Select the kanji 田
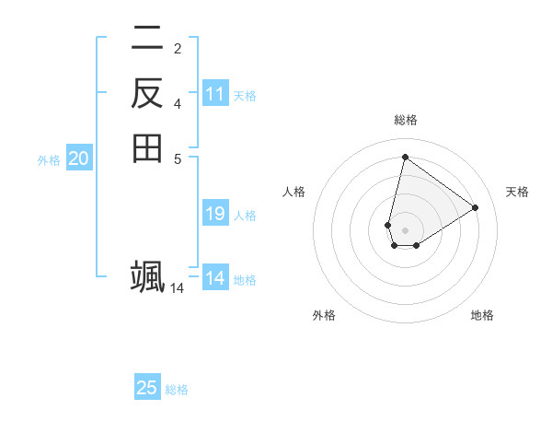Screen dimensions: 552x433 tap(147, 147)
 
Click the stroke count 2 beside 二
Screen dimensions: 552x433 tap(177, 48)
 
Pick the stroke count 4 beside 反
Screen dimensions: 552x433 tap(177, 103)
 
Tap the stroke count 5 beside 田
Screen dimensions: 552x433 tap(177, 158)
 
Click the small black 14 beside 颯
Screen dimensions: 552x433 tap(177, 288)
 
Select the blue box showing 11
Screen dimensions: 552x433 tap(215, 94)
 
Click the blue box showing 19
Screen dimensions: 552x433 tap(215, 214)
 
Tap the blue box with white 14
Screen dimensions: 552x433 tap(215, 278)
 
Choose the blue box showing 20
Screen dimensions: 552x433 tap(79, 158)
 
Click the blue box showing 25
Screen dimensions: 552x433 tap(147, 388)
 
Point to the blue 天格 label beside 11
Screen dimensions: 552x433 tap(245, 96)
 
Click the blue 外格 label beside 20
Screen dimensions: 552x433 tap(49, 160)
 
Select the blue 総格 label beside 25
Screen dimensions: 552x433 tap(177, 390)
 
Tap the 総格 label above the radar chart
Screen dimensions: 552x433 tap(406, 120)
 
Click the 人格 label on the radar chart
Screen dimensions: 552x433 tap(293, 192)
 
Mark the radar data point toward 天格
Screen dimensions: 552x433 tap(475, 208)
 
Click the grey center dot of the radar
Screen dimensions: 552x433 tap(406, 230)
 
